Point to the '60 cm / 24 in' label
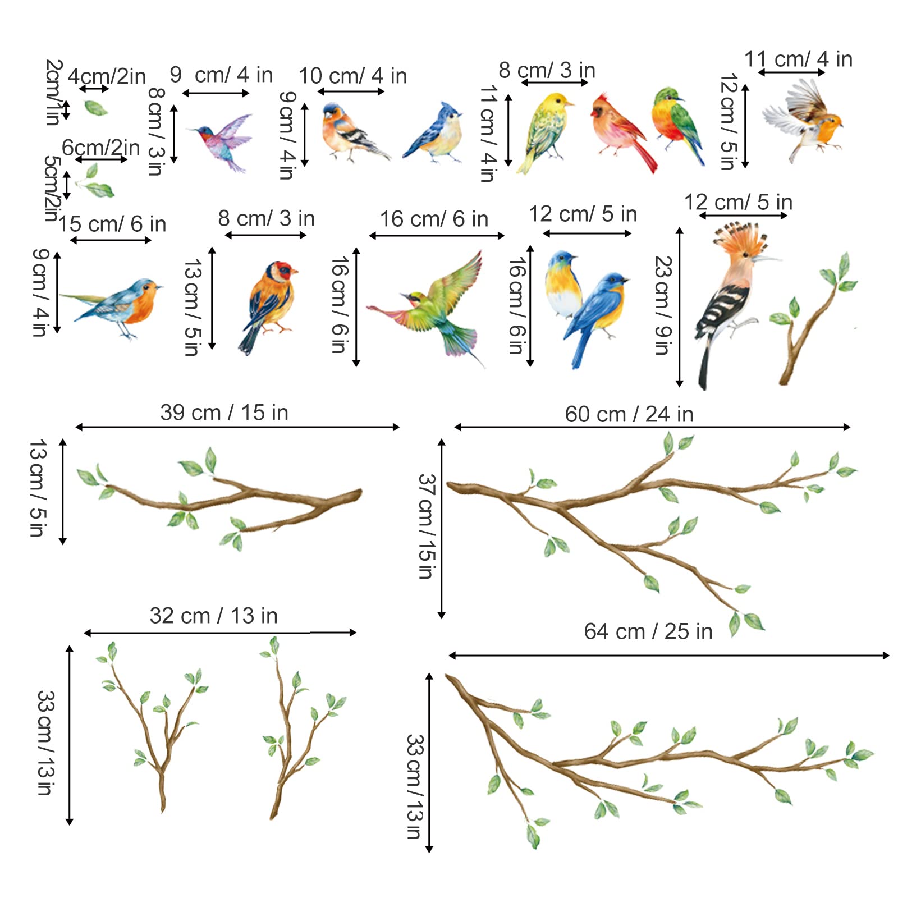click(x=629, y=414)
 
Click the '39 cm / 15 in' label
click(x=224, y=413)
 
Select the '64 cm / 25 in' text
click(x=648, y=631)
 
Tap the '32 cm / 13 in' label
click(x=213, y=616)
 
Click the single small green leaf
click(x=95, y=107)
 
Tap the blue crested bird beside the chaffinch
click(x=435, y=135)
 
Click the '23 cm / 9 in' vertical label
click(x=663, y=305)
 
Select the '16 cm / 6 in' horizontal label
click(x=434, y=219)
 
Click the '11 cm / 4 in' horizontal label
click(x=798, y=59)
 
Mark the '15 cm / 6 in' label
click(x=112, y=224)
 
